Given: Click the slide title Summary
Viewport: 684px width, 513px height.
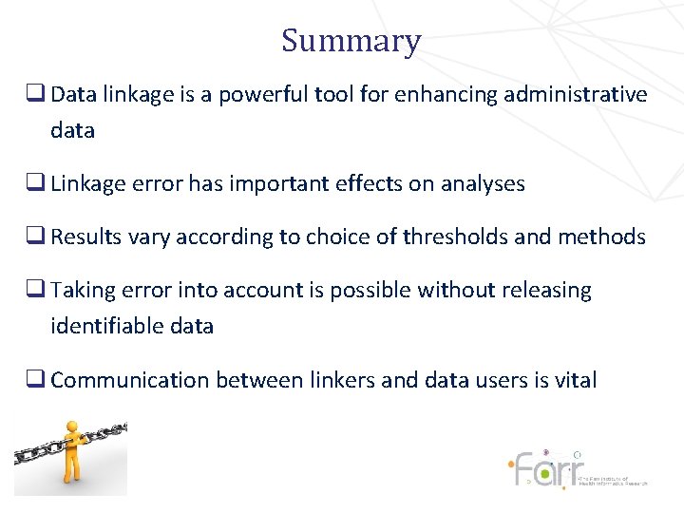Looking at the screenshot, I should click(x=351, y=42).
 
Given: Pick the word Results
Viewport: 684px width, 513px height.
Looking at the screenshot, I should click(x=85, y=237).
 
